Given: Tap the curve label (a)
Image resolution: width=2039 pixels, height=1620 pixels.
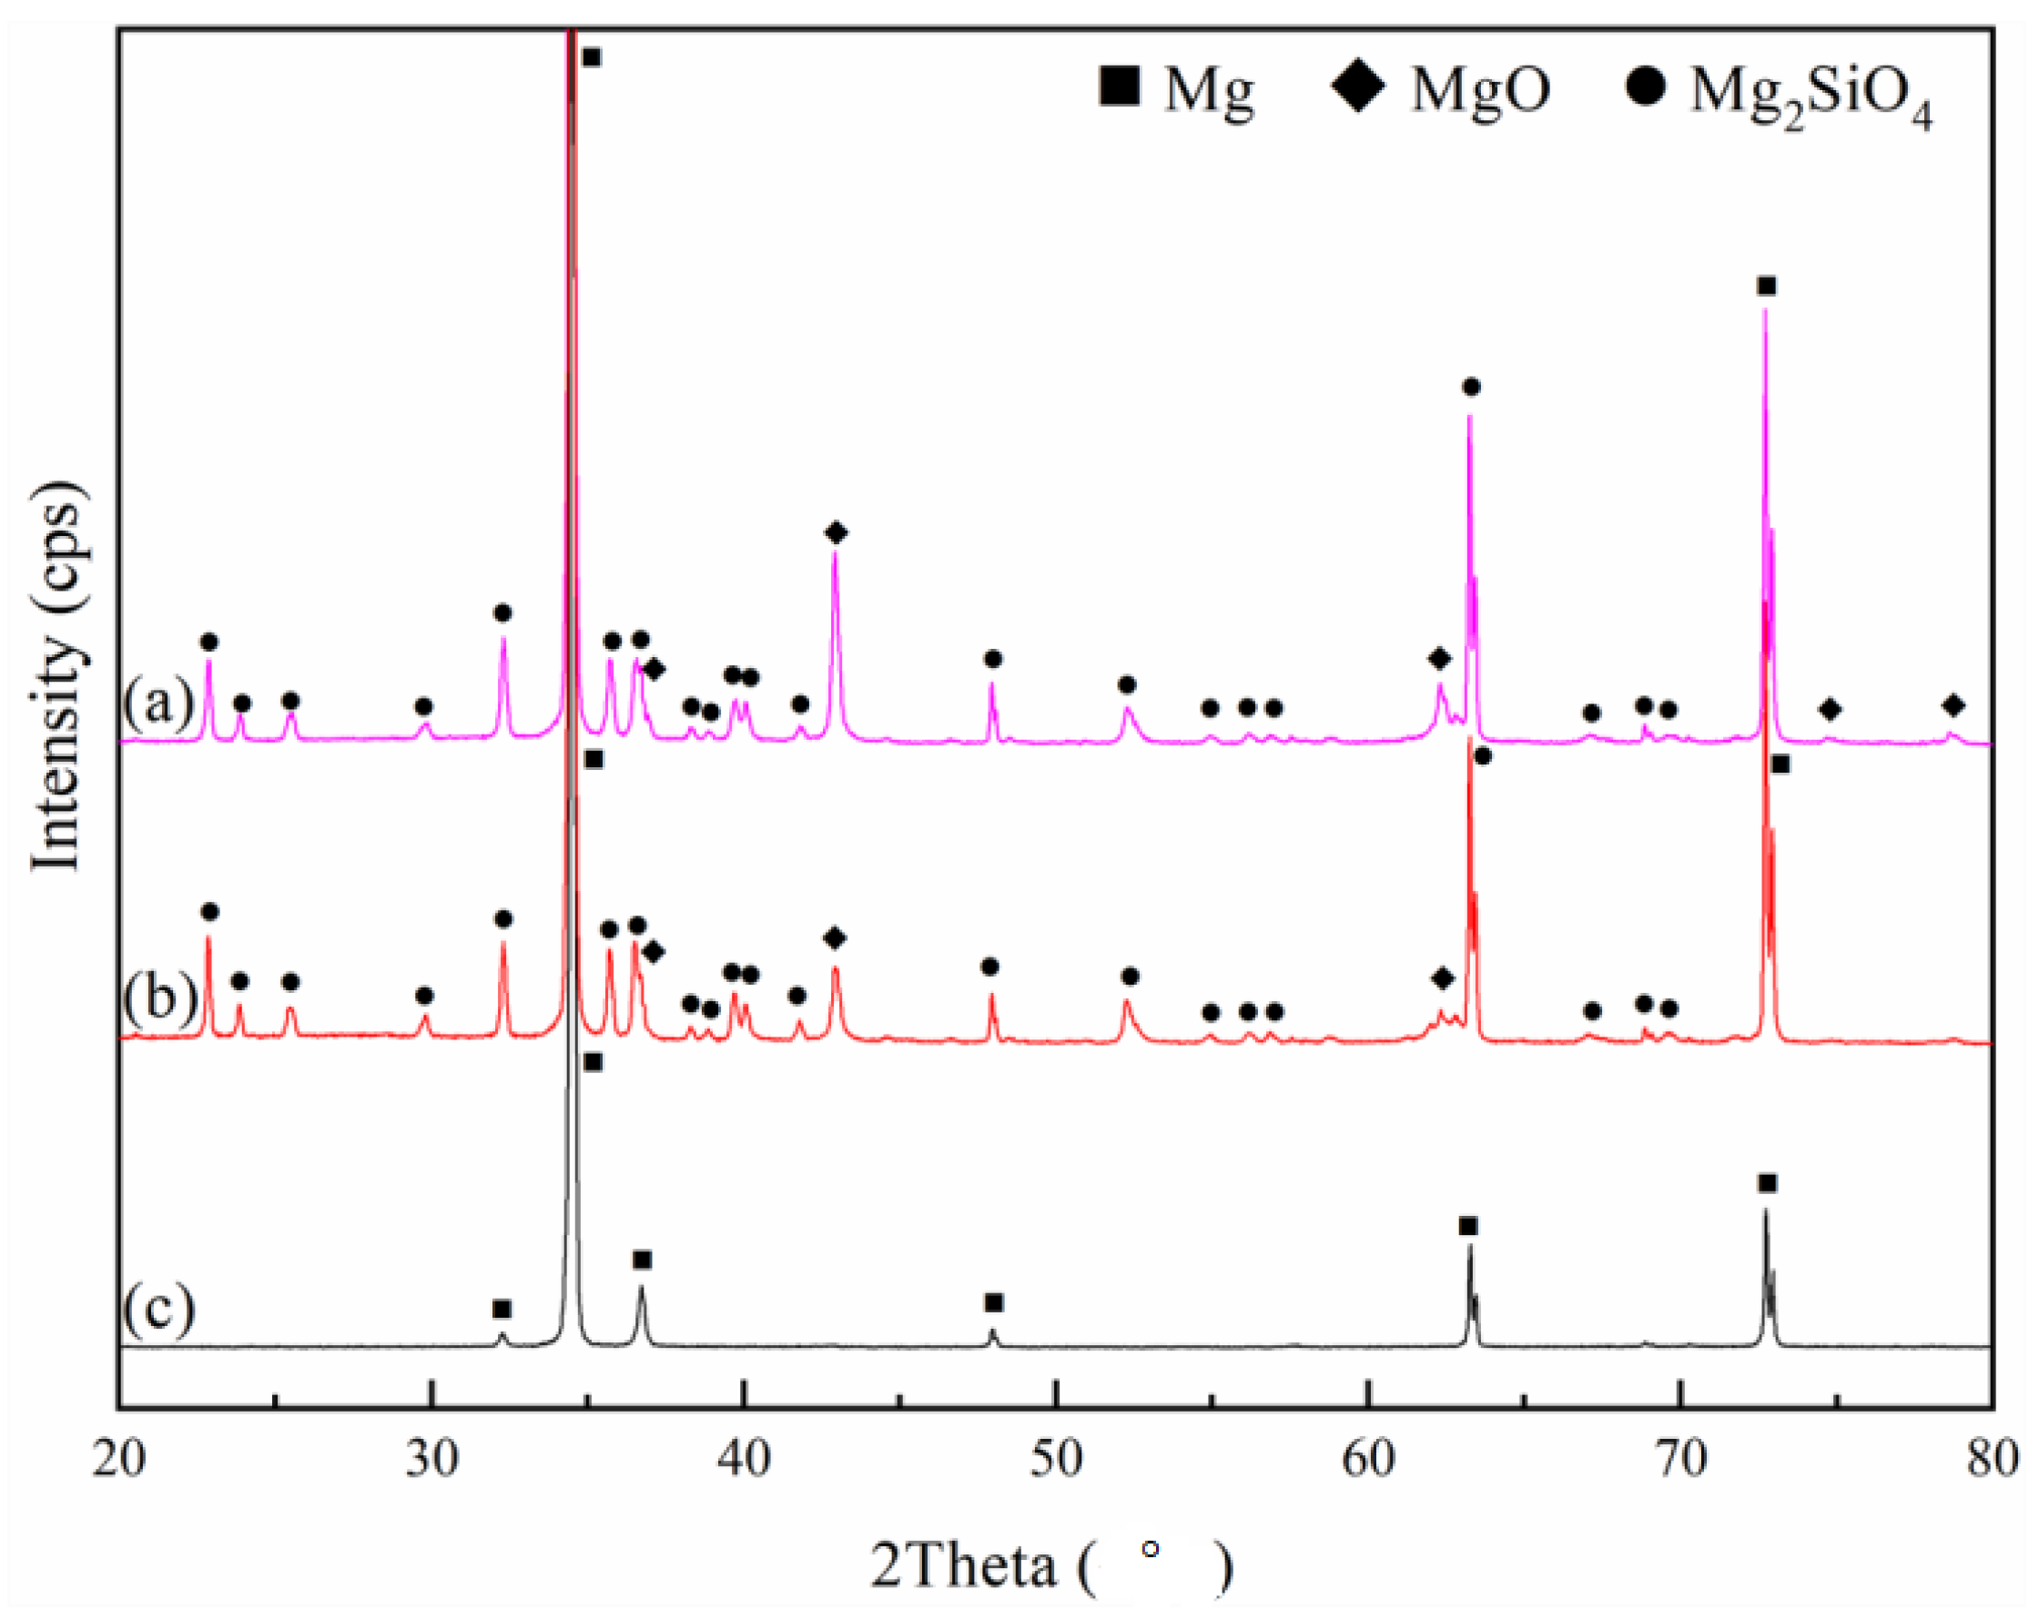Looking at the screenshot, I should pos(158,703).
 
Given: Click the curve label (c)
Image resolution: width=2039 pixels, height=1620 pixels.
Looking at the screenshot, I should pos(159,1309).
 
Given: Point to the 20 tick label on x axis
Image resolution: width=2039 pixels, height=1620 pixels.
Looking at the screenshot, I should pos(118,1459).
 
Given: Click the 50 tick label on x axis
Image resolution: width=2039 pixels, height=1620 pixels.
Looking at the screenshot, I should pos(1055,1459).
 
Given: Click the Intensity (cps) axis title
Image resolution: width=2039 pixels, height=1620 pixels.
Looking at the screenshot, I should pos(56,676).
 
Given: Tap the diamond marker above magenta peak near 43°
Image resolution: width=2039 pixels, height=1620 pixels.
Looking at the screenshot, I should pos(835,533).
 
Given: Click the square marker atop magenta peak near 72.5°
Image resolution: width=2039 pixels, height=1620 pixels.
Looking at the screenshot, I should pos(1766,286).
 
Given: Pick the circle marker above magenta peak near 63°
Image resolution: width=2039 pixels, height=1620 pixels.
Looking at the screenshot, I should pos(1471,387).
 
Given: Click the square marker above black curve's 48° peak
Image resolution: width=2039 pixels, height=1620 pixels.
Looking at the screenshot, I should pos(994,1303).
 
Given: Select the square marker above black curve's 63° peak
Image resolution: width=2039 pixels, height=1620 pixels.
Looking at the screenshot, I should pos(1467,1227).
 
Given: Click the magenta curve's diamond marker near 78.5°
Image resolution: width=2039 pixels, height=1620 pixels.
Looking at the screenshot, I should pos(1953,705).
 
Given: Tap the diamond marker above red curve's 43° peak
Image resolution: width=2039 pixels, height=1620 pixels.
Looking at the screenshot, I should pos(834,938).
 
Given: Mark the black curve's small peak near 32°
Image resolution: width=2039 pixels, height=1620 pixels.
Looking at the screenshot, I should pos(502,1338).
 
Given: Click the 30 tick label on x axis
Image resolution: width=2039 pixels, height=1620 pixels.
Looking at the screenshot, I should pos(431,1459).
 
